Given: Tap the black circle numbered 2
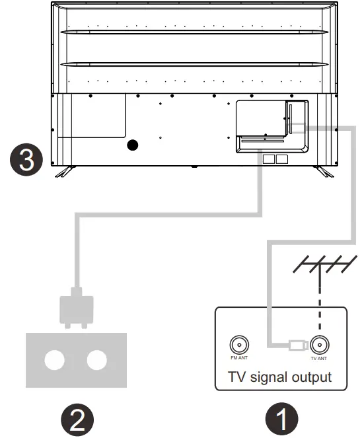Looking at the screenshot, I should pyautogui.click(x=78, y=419).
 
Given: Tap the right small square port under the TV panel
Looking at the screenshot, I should pyautogui.click(x=283, y=159).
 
